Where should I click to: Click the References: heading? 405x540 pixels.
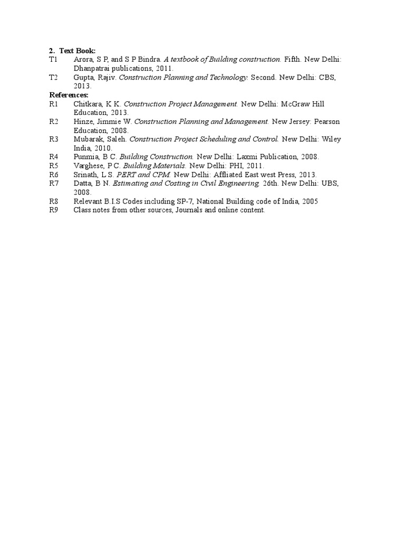click(69, 94)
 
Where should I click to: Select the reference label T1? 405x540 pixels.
click(53, 60)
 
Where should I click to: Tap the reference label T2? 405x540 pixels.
click(53, 77)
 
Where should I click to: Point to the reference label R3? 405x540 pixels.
click(54, 139)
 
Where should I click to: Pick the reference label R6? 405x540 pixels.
click(54, 175)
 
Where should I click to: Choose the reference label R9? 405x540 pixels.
click(54, 210)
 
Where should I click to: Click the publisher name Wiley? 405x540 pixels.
click(332, 139)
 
